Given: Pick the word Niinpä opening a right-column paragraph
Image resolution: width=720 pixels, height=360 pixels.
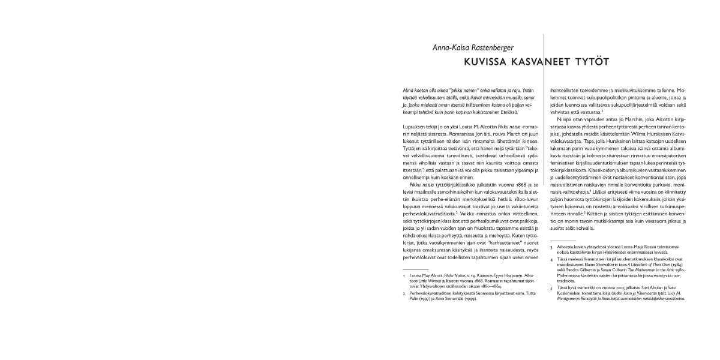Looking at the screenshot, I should click(x=565, y=119).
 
